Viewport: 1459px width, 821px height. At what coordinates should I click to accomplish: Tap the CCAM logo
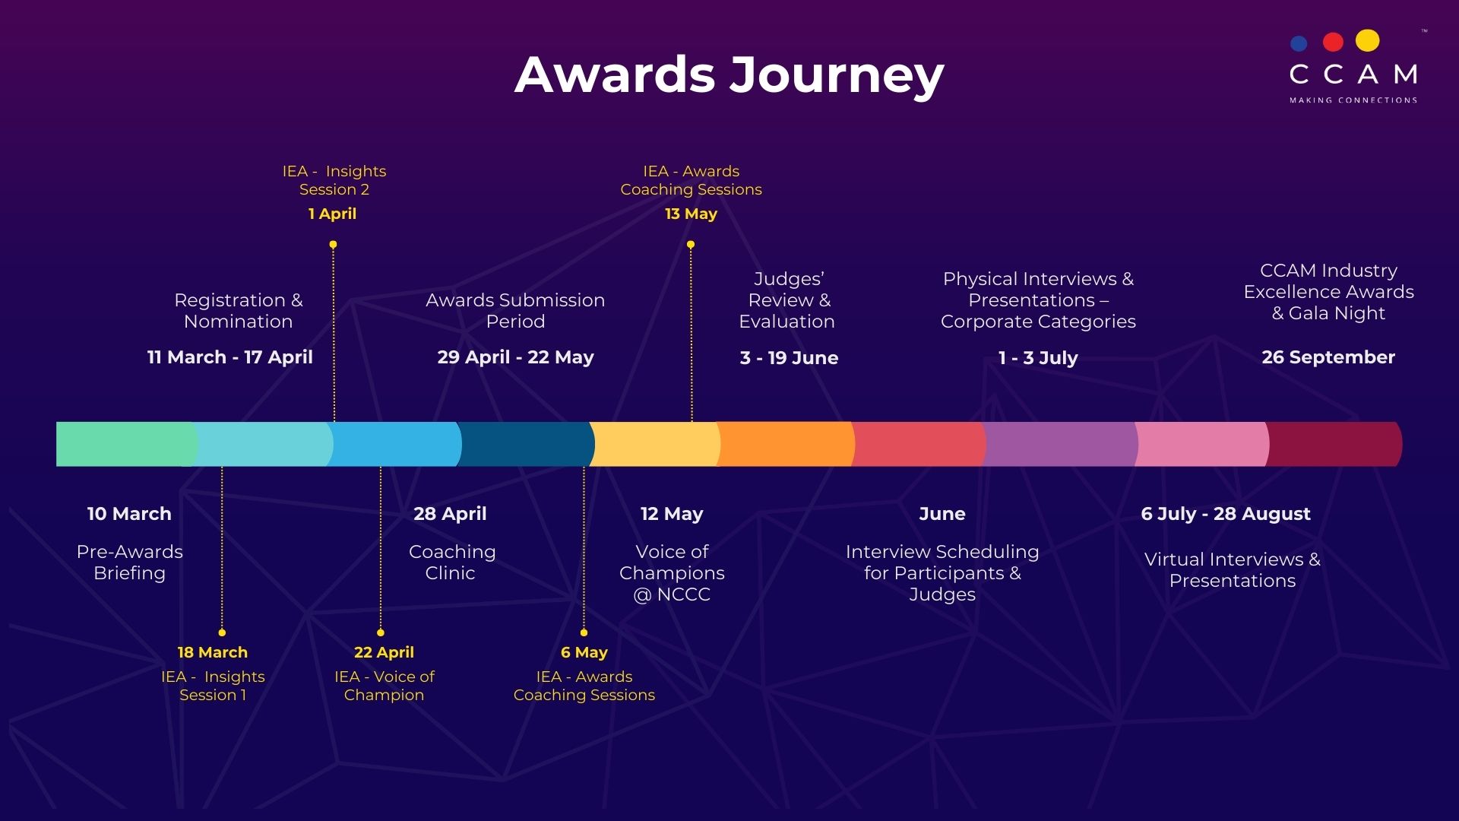pos(1353,66)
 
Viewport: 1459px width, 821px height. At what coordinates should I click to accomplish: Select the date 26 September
pos(1328,357)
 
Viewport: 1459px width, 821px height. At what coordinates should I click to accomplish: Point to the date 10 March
pos(129,514)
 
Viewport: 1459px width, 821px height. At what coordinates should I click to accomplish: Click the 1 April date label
pos(332,214)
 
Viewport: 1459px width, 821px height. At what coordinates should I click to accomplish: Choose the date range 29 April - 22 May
pos(515,357)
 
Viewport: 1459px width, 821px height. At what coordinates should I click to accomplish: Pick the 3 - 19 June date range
pos(789,358)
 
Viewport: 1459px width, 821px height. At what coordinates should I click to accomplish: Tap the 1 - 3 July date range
pos(1038,358)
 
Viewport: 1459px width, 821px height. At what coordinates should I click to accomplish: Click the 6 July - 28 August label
pos(1226,514)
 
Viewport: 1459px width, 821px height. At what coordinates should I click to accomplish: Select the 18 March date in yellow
pos(213,652)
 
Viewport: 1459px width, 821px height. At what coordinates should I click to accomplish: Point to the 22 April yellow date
pos(384,652)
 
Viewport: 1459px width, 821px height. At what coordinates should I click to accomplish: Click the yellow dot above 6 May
pos(584,632)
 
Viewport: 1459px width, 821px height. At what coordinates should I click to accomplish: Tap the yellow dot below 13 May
pos(691,245)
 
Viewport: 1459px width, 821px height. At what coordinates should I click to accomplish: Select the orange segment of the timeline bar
pos(786,444)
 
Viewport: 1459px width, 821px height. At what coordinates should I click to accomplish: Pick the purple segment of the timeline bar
pos(1060,444)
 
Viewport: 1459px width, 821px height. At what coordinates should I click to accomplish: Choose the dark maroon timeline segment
pos(1334,444)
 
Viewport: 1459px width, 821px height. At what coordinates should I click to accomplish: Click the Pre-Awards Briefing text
pos(130,563)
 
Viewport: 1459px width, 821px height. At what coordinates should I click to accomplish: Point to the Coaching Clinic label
pos(452,563)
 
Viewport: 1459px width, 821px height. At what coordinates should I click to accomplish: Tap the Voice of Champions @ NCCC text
pos(672,573)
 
